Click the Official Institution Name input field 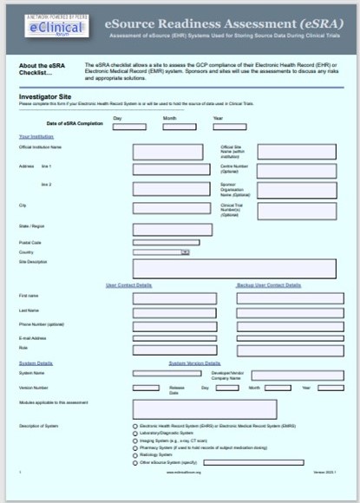pos(167,151)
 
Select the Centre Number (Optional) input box pos(297,171)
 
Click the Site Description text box pos(233,268)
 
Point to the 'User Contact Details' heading pos(128,285)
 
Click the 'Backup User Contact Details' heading pos(269,285)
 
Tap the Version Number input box pos(145,388)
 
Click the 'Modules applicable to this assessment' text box pos(203,408)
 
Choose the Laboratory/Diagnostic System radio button pos(134,434)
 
